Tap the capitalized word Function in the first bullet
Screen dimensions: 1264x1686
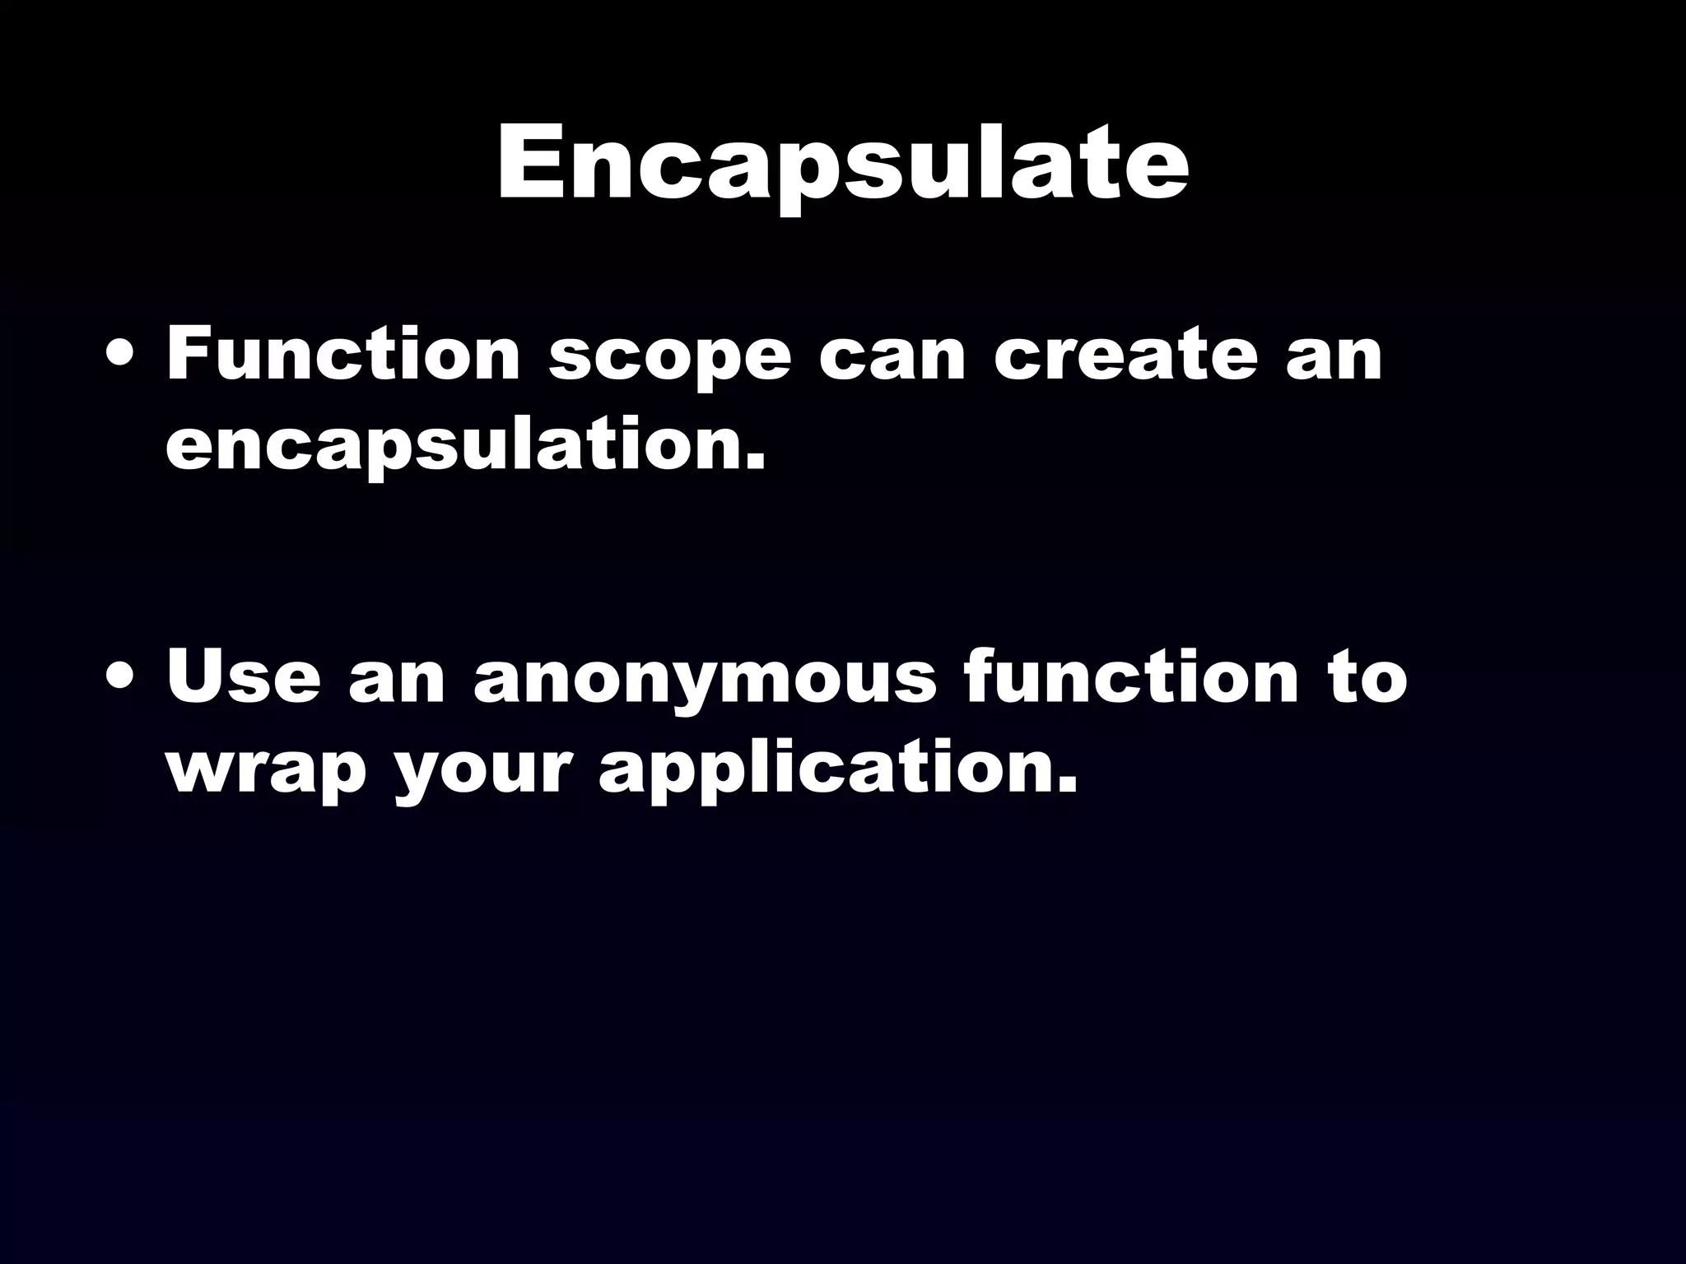coord(342,355)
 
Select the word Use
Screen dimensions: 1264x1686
coord(243,678)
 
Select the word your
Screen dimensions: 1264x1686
coord(482,772)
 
